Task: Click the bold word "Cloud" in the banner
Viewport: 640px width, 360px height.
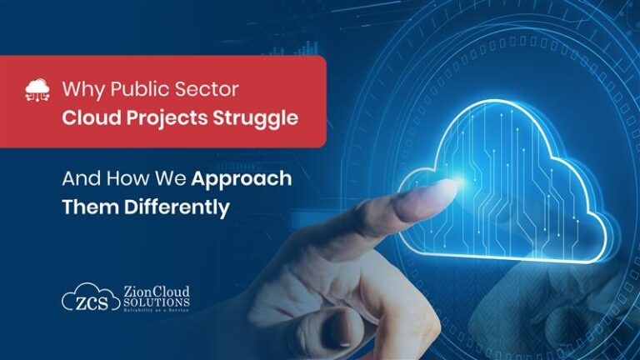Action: click(87, 118)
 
